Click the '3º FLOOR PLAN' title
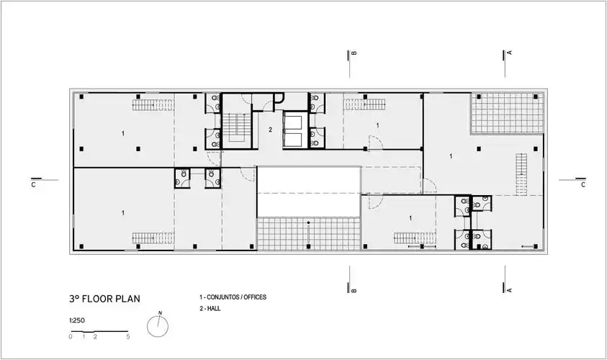(x=104, y=299)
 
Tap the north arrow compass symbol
(x=158, y=325)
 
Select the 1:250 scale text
(x=77, y=320)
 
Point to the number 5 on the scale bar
(x=127, y=337)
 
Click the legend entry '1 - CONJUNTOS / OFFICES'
(x=233, y=297)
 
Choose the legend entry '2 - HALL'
(x=210, y=308)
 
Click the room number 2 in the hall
(x=270, y=130)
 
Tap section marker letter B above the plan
(x=354, y=53)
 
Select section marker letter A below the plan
(x=509, y=290)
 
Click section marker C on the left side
(x=33, y=185)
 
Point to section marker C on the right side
(x=583, y=185)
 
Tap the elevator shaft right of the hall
(x=295, y=130)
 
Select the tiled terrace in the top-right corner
(x=507, y=114)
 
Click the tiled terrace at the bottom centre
(x=309, y=234)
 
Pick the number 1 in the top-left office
(x=123, y=133)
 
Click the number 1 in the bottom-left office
(x=123, y=213)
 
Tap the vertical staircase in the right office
(x=521, y=174)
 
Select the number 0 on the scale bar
(x=71, y=337)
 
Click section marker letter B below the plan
(x=354, y=290)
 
